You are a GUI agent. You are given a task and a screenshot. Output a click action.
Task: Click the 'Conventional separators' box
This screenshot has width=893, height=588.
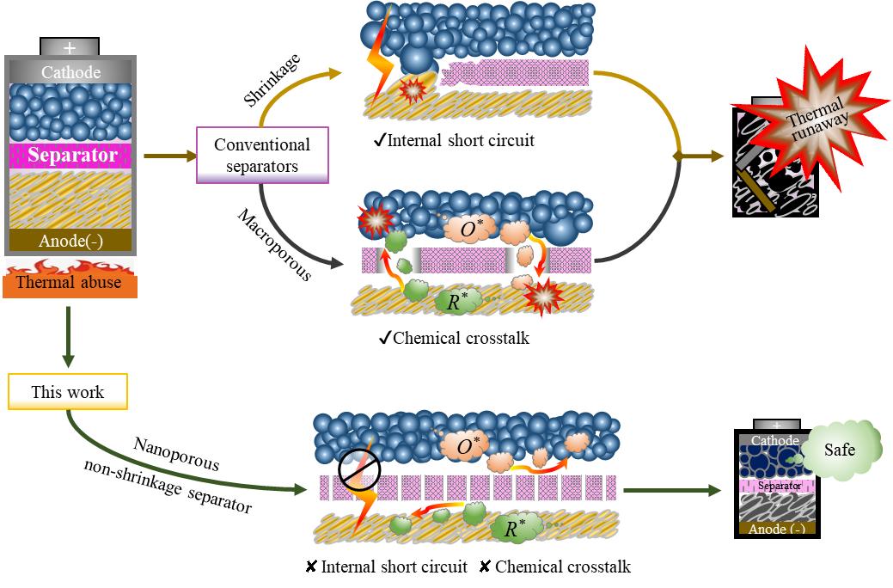(262, 155)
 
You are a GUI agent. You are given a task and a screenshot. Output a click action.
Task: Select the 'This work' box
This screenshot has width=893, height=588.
(68, 392)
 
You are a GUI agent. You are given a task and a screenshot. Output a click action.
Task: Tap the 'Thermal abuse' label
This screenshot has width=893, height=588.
(70, 281)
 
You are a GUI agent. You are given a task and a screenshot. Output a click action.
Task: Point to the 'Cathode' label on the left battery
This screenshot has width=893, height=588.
(70, 73)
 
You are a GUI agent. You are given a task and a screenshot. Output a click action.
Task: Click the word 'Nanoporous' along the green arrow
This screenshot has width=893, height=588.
(177, 455)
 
